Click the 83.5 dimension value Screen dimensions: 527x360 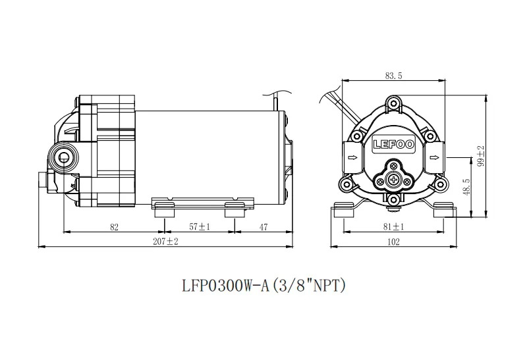click(x=393, y=76)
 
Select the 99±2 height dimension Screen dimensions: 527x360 click(x=481, y=156)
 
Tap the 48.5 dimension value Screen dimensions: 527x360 click(x=466, y=187)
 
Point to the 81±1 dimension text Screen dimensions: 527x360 click(x=393, y=226)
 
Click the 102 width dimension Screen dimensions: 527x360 click(x=393, y=242)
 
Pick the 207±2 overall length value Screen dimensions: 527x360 click(x=165, y=242)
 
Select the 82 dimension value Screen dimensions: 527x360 click(x=114, y=227)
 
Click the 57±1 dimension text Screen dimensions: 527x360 click(x=200, y=227)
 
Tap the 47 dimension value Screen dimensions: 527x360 click(x=264, y=227)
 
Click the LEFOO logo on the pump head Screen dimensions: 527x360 click(x=393, y=145)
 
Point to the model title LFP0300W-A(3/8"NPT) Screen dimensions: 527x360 click(x=264, y=286)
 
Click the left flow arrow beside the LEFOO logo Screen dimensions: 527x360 click(x=352, y=157)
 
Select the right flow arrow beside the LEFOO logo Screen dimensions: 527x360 click(x=435, y=157)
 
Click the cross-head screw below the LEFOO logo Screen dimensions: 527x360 click(x=393, y=180)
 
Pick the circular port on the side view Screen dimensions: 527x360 click(x=63, y=157)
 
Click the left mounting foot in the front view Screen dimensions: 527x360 click(x=345, y=210)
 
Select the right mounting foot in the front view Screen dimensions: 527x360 click(x=443, y=210)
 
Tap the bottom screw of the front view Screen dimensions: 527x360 click(x=393, y=200)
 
